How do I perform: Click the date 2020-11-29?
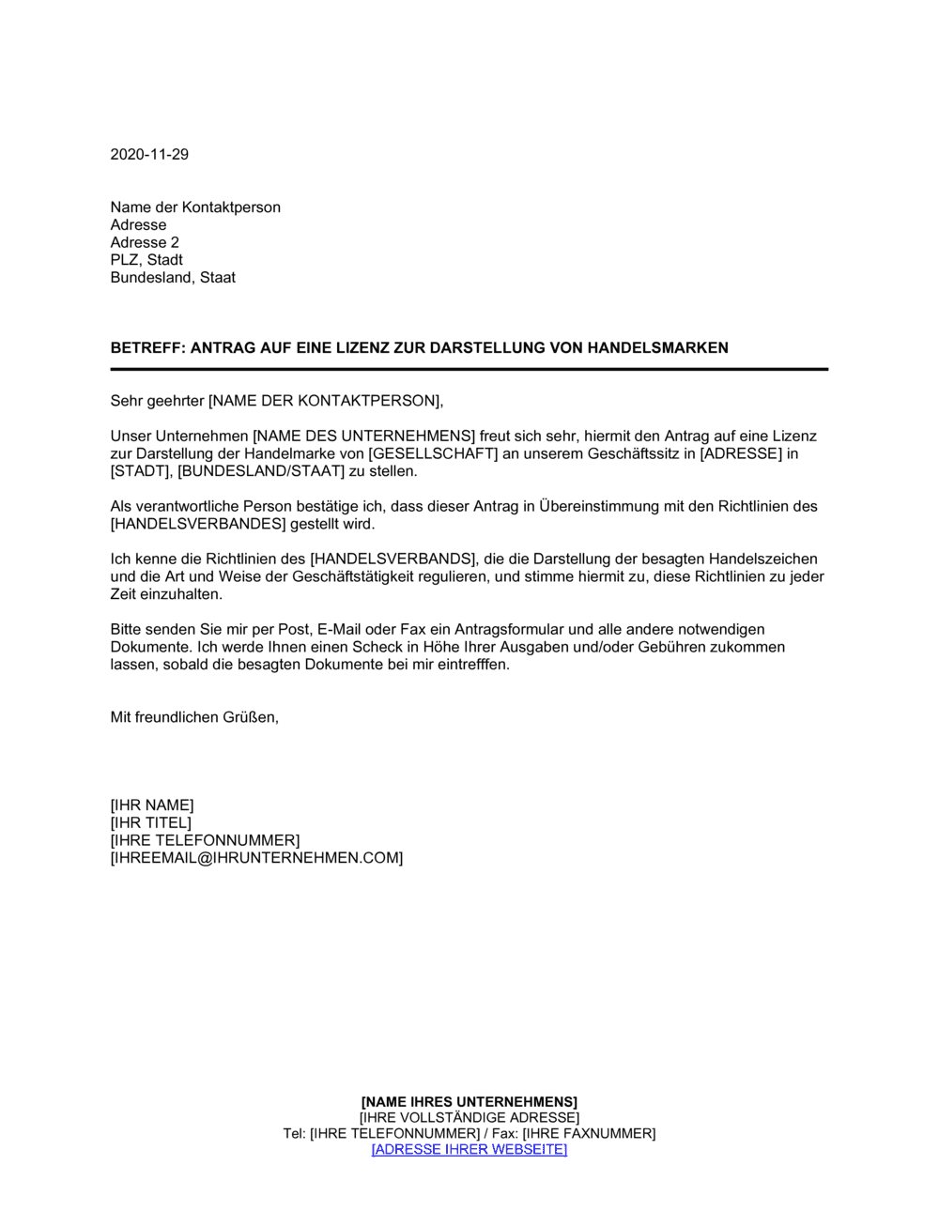click(149, 155)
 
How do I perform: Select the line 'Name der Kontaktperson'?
click(195, 207)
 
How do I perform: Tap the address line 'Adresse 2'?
click(145, 243)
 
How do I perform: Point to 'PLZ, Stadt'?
click(146, 260)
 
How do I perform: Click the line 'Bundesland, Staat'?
click(173, 278)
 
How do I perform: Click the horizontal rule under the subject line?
click(469, 370)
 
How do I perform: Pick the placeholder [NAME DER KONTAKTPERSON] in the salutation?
click(324, 402)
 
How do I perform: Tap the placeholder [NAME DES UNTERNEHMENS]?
click(364, 437)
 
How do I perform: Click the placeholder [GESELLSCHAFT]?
click(433, 454)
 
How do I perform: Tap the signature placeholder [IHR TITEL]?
click(150, 823)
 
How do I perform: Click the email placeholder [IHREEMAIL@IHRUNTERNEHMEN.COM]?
click(256, 858)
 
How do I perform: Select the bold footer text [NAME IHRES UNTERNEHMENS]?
click(469, 1102)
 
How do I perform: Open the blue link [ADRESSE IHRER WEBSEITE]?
click(469, 1150)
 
